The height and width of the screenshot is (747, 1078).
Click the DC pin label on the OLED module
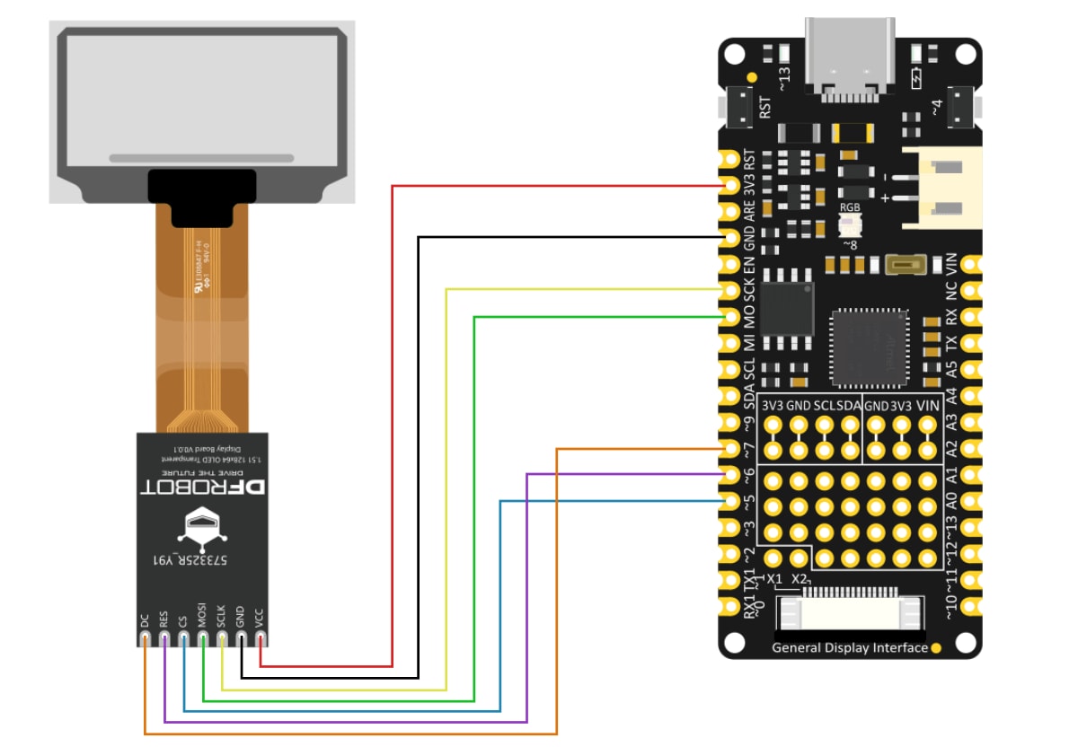tap(145, 620)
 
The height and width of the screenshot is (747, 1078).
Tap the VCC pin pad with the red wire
tap(261, 639)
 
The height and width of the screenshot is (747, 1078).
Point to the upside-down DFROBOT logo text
tap(204, 487)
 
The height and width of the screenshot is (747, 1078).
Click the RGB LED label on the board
tap(850, 207)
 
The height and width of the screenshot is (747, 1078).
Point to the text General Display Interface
tap(849, 647)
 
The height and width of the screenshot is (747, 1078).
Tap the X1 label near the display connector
tap(775, 579)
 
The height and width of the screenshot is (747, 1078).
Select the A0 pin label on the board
tap(951, 500)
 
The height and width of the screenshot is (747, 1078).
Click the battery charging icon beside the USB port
tap(915, 78)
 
